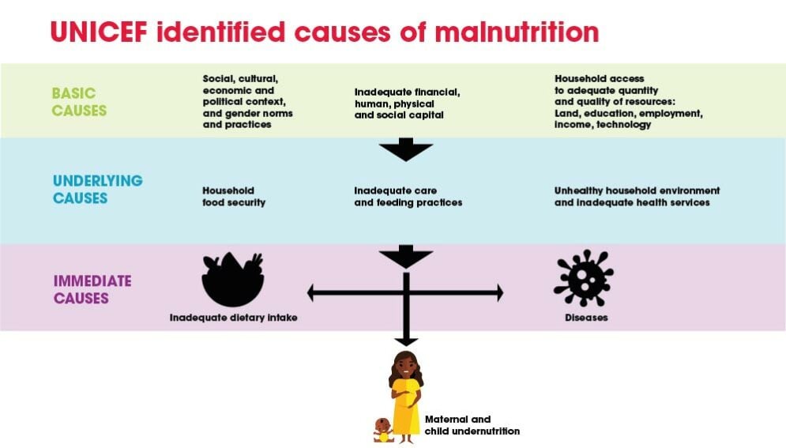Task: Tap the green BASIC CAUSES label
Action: click(79, 102)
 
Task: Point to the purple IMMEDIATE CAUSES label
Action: click(92, 289)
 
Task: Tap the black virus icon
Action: click(584, 278)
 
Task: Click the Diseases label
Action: click(585, 318)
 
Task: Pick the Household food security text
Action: click(234, 197)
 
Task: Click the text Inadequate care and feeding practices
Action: click(408, 197)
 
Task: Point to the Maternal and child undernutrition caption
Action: click(472, 425)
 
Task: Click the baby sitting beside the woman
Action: click(383, 430)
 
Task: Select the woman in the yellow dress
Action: click(406, 392)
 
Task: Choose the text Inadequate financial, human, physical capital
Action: click(407, 103)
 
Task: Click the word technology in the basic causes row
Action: click(624, 125)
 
